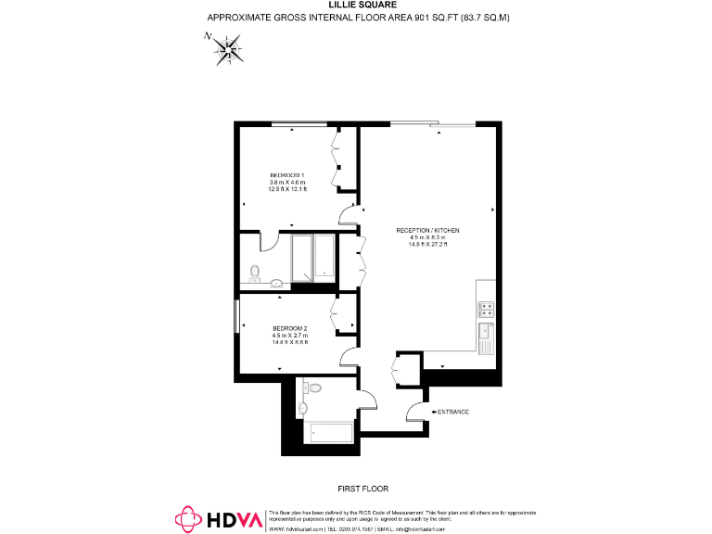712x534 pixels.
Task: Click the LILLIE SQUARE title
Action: pos(357,5)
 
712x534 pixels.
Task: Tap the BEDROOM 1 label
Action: pos(287,175)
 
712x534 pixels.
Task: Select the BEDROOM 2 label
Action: pos(289,328)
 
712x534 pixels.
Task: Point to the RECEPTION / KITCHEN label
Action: pos(427,230)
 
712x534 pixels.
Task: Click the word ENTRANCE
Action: pos(453,412)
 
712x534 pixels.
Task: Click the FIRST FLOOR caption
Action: pos(363,488)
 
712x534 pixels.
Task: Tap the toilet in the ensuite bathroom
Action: pos(256,272)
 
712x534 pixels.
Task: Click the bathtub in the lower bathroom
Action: pos(329,432)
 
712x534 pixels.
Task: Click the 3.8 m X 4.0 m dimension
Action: pos(287,183)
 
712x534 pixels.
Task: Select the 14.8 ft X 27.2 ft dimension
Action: pos(427,244)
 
